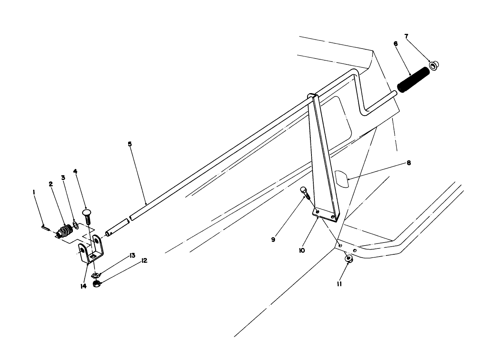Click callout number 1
tap(34, 192)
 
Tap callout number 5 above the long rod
tap(130, 144)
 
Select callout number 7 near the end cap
tap(406, 36)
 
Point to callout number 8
tap(409, 162)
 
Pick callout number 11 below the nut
tap(339, 284)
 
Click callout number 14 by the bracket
tap(84, 286)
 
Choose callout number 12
tap(144, 261)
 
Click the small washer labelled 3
tap(75, 225)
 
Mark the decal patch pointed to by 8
tap(342, 179)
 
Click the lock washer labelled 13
tap(95, 275)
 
